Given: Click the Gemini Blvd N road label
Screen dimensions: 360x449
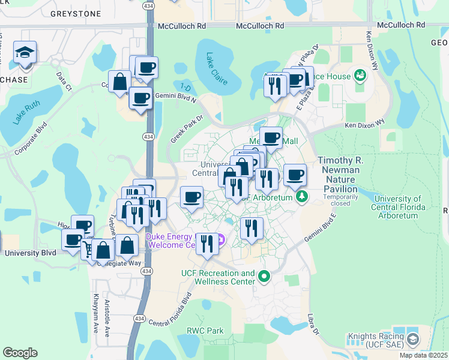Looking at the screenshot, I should [176, 95].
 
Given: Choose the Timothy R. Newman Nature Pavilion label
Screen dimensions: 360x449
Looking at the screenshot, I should [339, 175].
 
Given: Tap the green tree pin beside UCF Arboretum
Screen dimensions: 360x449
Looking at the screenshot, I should [302, 196].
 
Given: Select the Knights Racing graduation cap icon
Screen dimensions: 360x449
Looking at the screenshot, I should [414, 340].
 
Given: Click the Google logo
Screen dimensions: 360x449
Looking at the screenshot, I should [20, 353].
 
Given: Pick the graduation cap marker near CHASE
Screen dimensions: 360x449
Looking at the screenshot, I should [25, 52].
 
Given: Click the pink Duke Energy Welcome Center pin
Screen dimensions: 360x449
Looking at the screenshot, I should [220, 241].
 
